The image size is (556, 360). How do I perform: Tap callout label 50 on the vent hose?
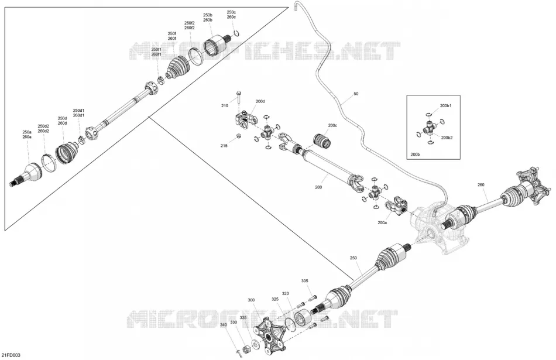(356, 94)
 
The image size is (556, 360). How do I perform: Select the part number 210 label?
(225, 106)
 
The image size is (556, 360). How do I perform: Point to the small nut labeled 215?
(239, 136)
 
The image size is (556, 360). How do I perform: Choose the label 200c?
(332, 125)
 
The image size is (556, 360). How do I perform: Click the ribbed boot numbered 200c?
(322, 141)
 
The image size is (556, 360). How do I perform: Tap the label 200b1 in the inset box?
(446, 106)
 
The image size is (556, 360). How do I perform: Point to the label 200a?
(382, 223)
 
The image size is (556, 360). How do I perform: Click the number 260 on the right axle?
(481, 185)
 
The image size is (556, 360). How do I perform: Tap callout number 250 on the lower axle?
(353, 258)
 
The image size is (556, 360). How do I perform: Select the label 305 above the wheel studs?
(304, 281)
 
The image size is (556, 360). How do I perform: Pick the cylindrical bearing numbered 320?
(303, 316)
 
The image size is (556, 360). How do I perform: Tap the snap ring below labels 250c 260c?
(236, 34)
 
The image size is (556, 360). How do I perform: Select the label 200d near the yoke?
(260, 101)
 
